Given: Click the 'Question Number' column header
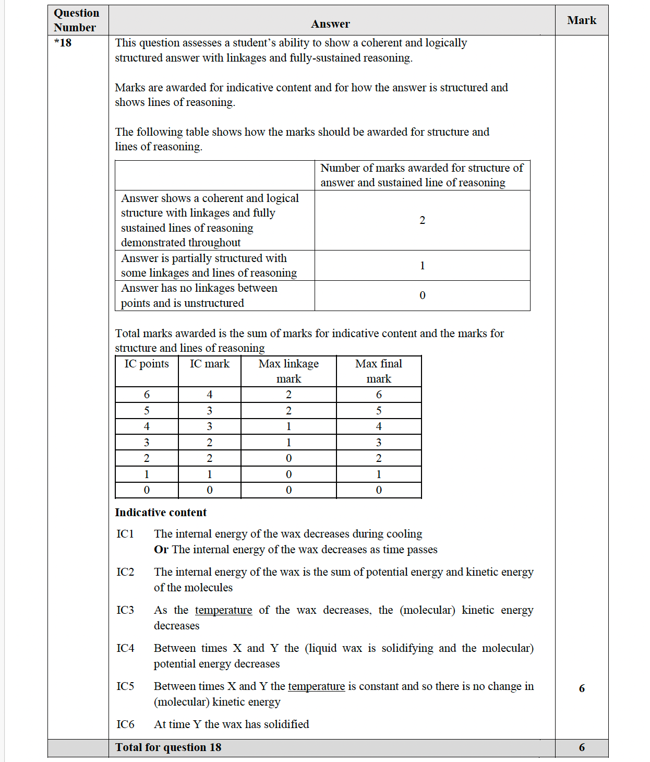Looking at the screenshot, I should [x=76, y=20].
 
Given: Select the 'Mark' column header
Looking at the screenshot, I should [x=582, y=20].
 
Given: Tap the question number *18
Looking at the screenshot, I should [x=63, y=43].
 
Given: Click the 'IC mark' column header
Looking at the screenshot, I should [x=209, y=364].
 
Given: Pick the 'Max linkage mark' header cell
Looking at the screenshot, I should [x=288, y=371].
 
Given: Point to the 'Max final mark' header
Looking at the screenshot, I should [x=379, y=371].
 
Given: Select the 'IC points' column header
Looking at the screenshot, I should [x=147, y=364].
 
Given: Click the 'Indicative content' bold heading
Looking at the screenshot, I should [x=161, y=513].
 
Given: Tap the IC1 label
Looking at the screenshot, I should [x=125, y=534].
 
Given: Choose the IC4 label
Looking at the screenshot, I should [x=125, y=648].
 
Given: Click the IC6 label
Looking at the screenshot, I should [x=125, y=724].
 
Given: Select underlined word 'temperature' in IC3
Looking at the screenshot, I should [x=223, y=610].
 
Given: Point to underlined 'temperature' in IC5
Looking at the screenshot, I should [x=316, y=686].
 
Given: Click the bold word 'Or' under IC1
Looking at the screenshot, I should [x=161, y=550].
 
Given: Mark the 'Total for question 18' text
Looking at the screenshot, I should [x=168, y=747].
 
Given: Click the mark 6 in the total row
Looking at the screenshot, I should [x=582, y=747].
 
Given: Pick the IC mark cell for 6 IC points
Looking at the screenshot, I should [x=209, y=395].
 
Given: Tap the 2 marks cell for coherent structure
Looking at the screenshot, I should [x=422, y=220].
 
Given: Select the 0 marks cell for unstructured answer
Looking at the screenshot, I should [x=422, y=295].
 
